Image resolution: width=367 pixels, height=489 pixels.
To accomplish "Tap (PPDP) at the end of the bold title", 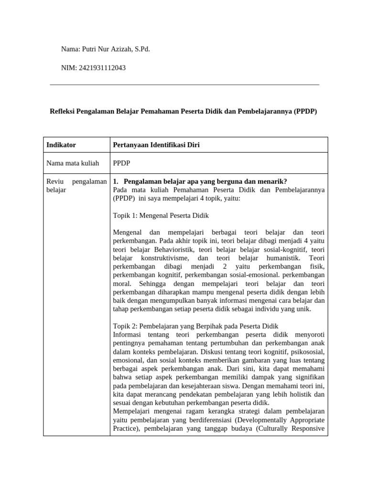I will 305,111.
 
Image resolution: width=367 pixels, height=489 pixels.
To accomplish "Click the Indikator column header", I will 61,145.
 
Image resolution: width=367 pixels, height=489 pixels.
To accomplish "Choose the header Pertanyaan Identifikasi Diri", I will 156,145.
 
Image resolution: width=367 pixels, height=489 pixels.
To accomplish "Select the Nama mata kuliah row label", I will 73,163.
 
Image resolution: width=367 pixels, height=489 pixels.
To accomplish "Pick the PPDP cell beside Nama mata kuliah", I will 121,163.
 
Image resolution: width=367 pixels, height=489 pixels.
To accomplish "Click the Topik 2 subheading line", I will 195,326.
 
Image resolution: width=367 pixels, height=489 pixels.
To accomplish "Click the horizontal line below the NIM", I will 184,85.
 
